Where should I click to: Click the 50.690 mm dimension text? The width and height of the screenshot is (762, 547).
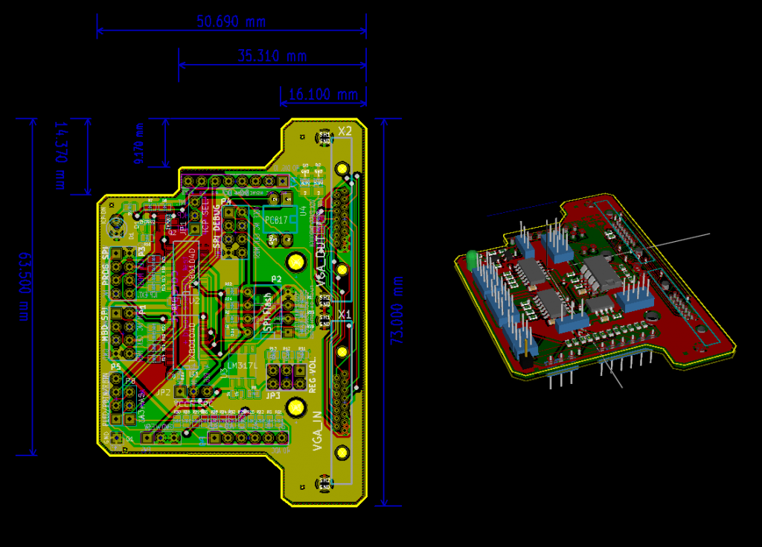(x=231, y=22)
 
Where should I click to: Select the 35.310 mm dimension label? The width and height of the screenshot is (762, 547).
(x=272, y=56)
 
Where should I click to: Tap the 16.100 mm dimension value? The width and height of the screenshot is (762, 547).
(x=323, y=95)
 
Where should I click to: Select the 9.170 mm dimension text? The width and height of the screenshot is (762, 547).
(x=138, y=143)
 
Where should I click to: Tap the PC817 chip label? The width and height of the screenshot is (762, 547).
(x=276, y=221)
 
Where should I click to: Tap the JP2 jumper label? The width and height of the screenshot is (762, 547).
(x=164, y=392)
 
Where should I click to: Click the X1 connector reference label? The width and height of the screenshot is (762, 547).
(x=345, y=315)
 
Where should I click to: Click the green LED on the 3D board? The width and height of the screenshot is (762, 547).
(x=472, y=258)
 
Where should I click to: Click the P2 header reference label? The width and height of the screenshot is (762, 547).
(x=276, y=279)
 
